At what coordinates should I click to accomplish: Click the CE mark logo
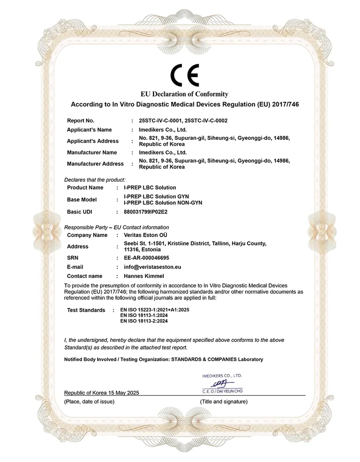[184, 75]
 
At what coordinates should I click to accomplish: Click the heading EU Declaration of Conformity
[184, 94]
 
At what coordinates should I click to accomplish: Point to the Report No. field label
[81, 121]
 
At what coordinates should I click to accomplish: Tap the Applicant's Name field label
[89, 130]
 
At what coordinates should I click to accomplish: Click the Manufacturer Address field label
[95, 164]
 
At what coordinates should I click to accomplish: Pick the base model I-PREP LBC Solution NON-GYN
[163, 203]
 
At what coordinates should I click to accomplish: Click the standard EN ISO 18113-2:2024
[144, 321]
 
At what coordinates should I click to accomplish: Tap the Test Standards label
[86, 310]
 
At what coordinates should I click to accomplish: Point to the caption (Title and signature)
[224, 401]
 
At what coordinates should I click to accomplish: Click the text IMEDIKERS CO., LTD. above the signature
[222, 375]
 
